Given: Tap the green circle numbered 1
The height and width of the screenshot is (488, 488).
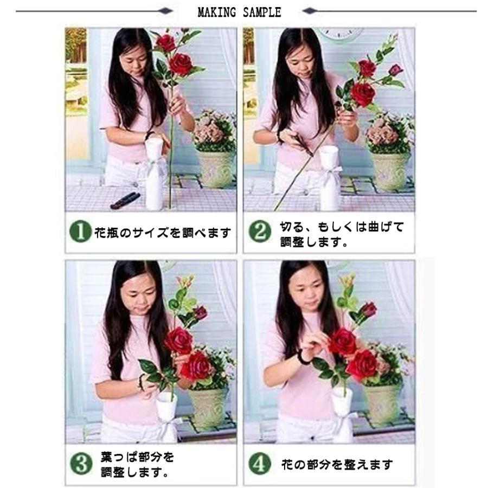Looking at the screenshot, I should tap(80, 233).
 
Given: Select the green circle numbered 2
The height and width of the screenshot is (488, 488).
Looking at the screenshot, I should tap(259, 233).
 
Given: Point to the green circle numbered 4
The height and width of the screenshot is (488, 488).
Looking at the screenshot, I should tap(259, 465).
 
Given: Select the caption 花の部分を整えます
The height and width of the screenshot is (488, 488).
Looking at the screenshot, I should tap(337, 465).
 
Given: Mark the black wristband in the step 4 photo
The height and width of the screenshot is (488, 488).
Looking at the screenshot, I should tap(302, 357).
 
